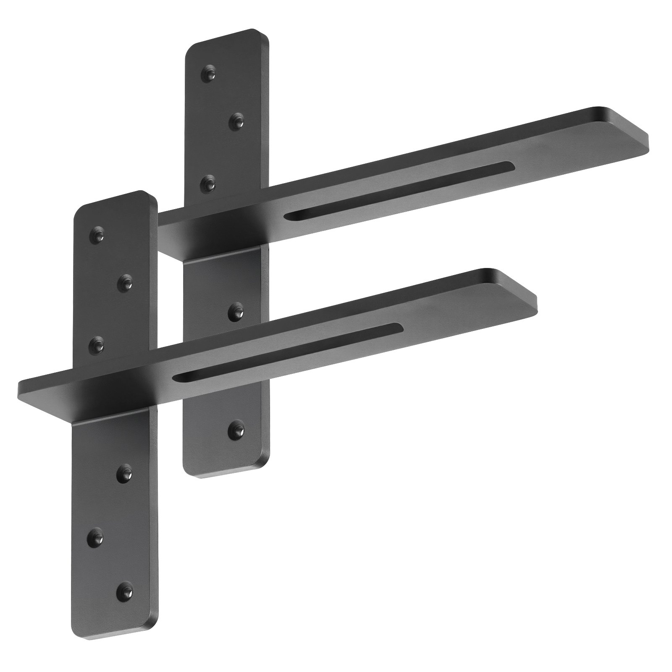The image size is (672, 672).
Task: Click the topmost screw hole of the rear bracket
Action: pos(210,74)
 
